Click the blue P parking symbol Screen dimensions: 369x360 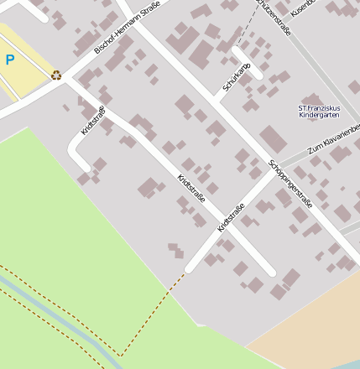click(x=9, y=60)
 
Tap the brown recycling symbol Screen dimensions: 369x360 click(x=56, y=75)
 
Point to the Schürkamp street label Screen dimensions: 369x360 click(x=237, y=77)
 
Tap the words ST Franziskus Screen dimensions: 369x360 click(x=319, y=107)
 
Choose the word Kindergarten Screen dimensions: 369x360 click(x=319, y=115)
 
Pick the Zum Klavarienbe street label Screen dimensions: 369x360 click(x=334, y=138)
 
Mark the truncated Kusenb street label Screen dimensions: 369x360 click(x=302, y=8)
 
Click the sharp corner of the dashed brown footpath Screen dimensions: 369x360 click(x=121, y=355)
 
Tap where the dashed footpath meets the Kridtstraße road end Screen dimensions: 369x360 click(x=186, y=270)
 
